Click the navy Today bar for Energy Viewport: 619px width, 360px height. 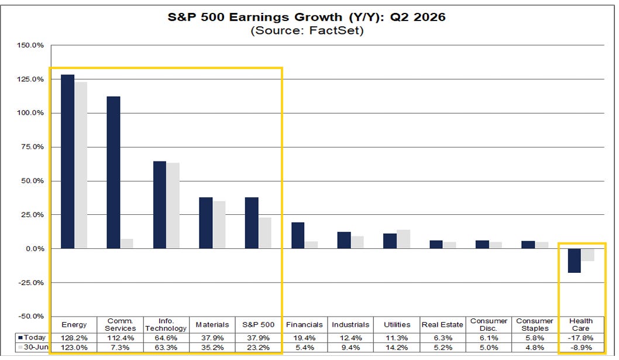(x=67, y=162)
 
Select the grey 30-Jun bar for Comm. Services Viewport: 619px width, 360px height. (x=127, y=244)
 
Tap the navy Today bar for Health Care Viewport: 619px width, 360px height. (x=575, y=260)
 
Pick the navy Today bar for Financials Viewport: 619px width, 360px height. (x=298, y=235)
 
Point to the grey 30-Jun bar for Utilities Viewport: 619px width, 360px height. (x=404, y=239)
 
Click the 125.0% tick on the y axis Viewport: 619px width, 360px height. (x=30, y=79)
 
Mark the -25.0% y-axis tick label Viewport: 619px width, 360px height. (x=31, y=283)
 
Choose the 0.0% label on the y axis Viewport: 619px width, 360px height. (x=35, y=249)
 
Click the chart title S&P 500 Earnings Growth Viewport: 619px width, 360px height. (x=255, y=18)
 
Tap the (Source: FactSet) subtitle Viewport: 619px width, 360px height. (x=307, y=30)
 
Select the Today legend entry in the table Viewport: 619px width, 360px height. (x=32, y=338)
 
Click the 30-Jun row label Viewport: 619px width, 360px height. (x=33, y=347)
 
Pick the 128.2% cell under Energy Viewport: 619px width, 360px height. (x=74, y=338)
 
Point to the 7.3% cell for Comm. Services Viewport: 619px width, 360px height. (x=120, y=347)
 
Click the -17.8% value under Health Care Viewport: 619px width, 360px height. (x=581, y=338)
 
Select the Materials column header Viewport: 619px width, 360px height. (x=212, y=324)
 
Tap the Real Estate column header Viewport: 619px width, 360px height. (x=442, y=324)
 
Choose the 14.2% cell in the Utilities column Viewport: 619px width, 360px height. (x=397, y=347)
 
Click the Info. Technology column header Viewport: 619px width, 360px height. (x=166, y=324)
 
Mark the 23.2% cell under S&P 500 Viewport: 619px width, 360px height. (x=258, y=347)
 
